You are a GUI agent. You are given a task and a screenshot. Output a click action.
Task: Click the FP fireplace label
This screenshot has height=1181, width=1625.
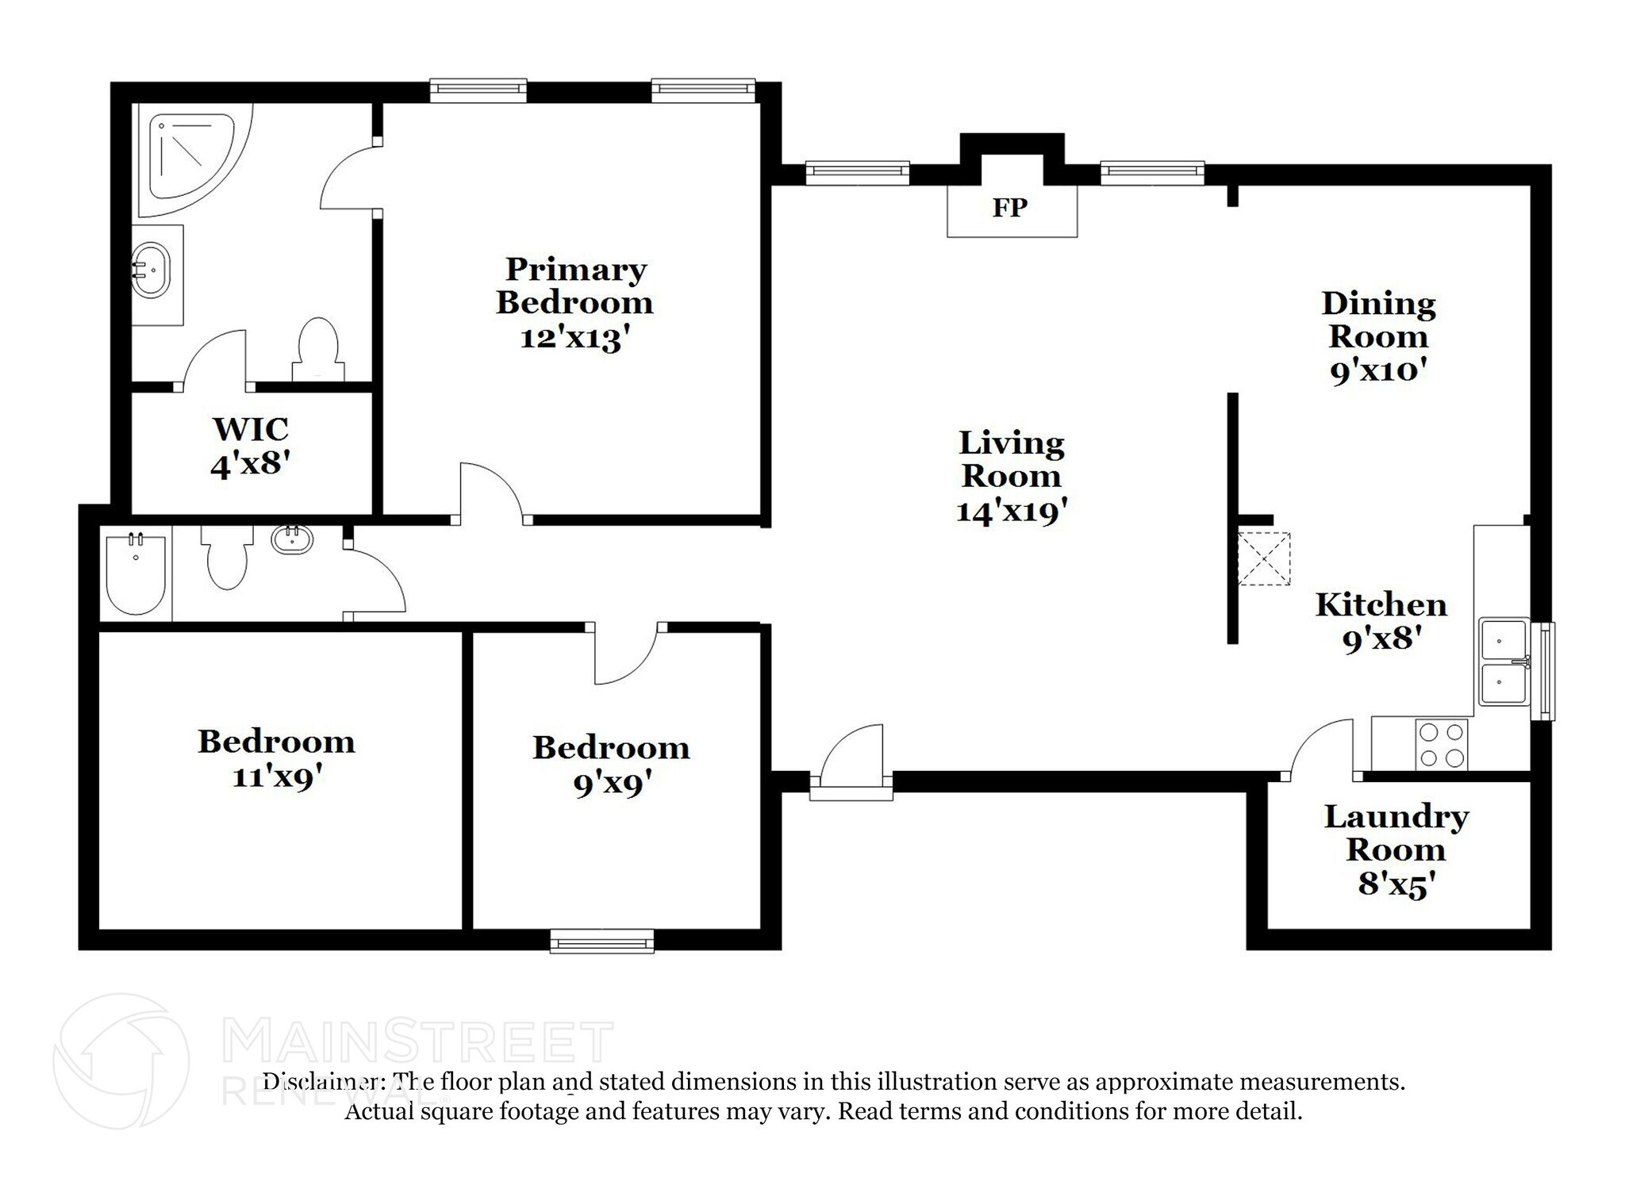(x=1009, y=208)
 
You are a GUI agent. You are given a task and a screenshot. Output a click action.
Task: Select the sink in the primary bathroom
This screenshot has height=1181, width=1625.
(x=151, y=270)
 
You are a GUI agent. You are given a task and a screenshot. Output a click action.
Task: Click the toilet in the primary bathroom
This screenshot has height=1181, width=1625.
(x=318, y=350)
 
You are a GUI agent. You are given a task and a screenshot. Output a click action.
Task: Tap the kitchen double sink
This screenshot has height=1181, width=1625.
(x=1504, y=661)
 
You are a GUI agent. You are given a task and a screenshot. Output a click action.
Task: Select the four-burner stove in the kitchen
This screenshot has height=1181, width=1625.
(x=1442, y=745)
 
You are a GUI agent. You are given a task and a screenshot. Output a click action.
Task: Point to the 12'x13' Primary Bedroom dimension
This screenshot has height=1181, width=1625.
(x=574, y=339)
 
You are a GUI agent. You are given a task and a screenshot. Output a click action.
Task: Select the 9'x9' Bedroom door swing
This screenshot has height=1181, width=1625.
(x=625, y=655)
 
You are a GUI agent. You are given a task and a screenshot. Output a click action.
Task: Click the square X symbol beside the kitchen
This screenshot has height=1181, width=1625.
(x=1264, y=558)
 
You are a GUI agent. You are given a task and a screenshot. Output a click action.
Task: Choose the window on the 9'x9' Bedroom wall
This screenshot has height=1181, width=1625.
(x=601, y=941)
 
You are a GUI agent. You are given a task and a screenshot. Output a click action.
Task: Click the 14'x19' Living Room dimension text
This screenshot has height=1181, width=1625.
(x=1011, y=512)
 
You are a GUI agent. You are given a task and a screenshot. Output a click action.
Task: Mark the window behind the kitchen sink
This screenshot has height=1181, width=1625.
(x=1543, y=671)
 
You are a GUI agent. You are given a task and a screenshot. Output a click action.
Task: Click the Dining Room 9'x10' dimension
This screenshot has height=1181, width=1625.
(x=1378, y=370)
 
